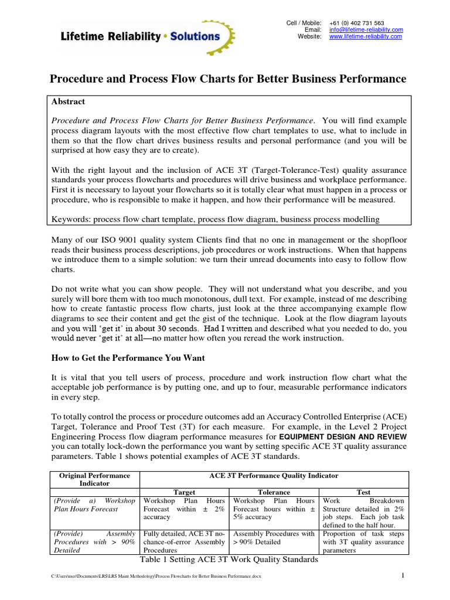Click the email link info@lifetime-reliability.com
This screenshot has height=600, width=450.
pos(366,29)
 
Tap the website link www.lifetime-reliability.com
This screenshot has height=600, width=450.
pos(366,36)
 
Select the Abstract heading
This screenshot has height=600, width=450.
pos(69,101)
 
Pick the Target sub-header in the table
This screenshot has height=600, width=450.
pos(185,492)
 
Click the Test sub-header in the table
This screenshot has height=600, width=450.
pos(363,492)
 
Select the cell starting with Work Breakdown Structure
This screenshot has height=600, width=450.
pos(363,513)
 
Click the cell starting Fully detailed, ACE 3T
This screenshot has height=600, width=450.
pos(185,542)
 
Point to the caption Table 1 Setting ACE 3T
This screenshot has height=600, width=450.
pos(229,560)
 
